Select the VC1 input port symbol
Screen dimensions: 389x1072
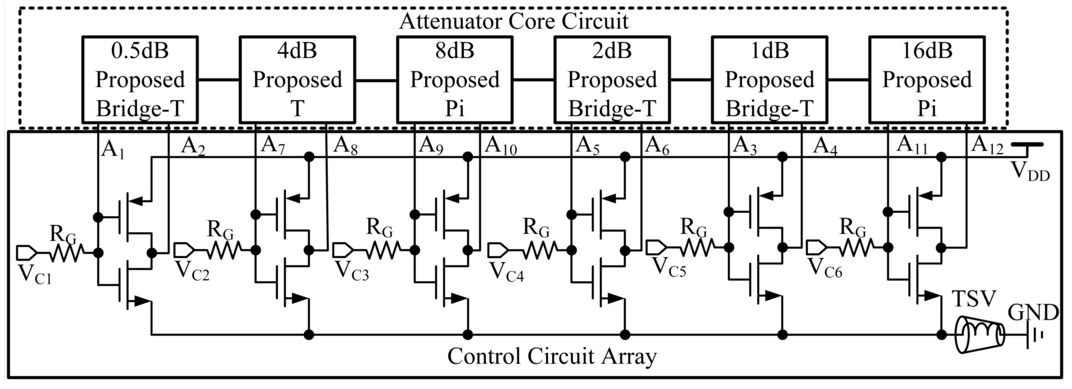click(27, 252)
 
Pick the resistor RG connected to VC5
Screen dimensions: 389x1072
click(697, 247)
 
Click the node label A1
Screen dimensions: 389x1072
click(112, 149)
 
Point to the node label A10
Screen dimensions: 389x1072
click(501, 146)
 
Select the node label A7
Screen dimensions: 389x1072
click(273, 146)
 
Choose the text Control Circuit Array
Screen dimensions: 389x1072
click(552, 356)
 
